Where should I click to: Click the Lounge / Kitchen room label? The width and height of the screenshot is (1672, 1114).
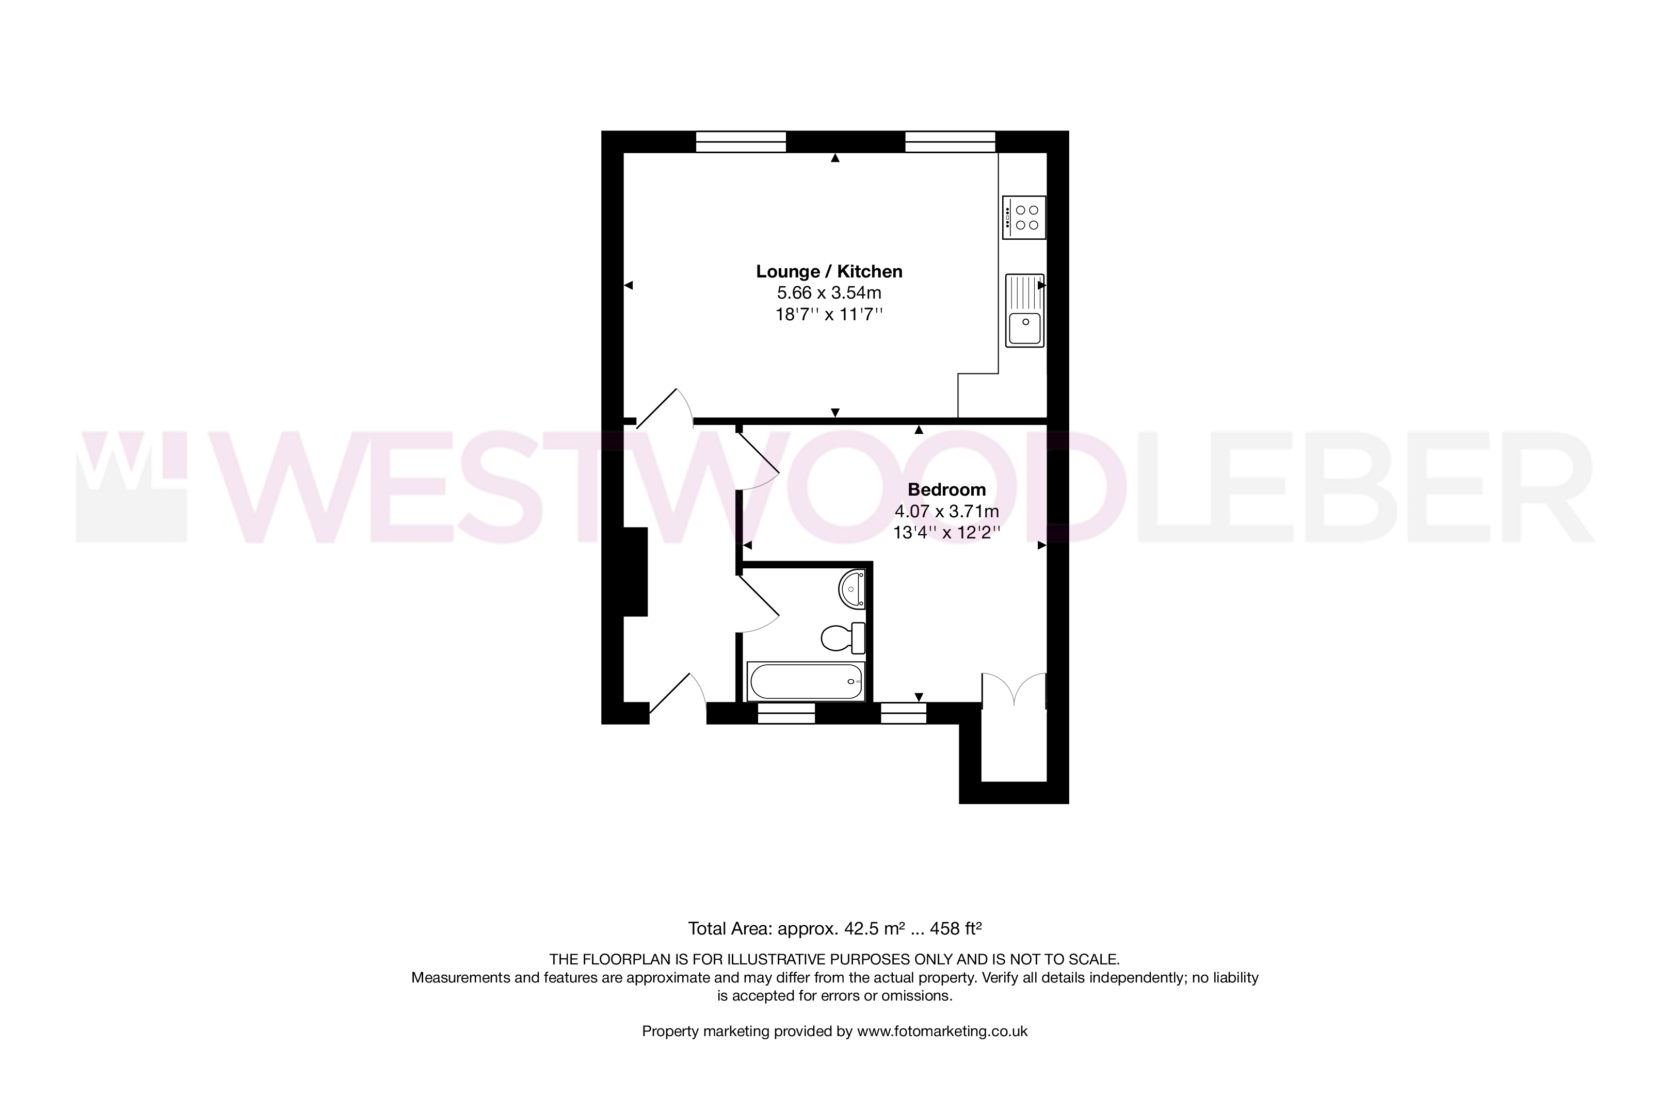pyautogui.click(x=829, y=271)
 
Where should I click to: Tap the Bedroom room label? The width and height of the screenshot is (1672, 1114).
pyautogui.click(x=947, y=489)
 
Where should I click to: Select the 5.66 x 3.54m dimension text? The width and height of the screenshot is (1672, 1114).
pyautogui.click(x=829, y=293)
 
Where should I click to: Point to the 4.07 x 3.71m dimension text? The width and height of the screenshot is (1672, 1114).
pyautogui.click(x=947, y=511)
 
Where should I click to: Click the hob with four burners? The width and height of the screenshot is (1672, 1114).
pyautogui.click(x=1024, y=218)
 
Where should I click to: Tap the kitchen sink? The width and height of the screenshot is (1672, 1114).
pyautogui.click(x=1024, y=310)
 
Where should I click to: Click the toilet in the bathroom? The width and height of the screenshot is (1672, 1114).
pyautogui.click(x=843, y=638)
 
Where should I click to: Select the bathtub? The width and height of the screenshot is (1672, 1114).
pyautogui.click(x=806, y=681)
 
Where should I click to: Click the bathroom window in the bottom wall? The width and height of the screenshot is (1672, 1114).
pyautogui.click(x=786, y=713)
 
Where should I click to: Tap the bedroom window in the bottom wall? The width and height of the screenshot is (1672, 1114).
pyautogui.click(x=904, y=713)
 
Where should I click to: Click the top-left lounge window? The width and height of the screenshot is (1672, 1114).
pyautogui.click(x=741, y=142)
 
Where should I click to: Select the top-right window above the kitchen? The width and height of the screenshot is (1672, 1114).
pyautogui.click(x=950, y=142)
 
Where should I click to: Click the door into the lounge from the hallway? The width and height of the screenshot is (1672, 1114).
pyautogui.click(x=665, y=408)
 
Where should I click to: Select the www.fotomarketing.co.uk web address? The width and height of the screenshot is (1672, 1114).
pyautogui.click(x=942, y=1031)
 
